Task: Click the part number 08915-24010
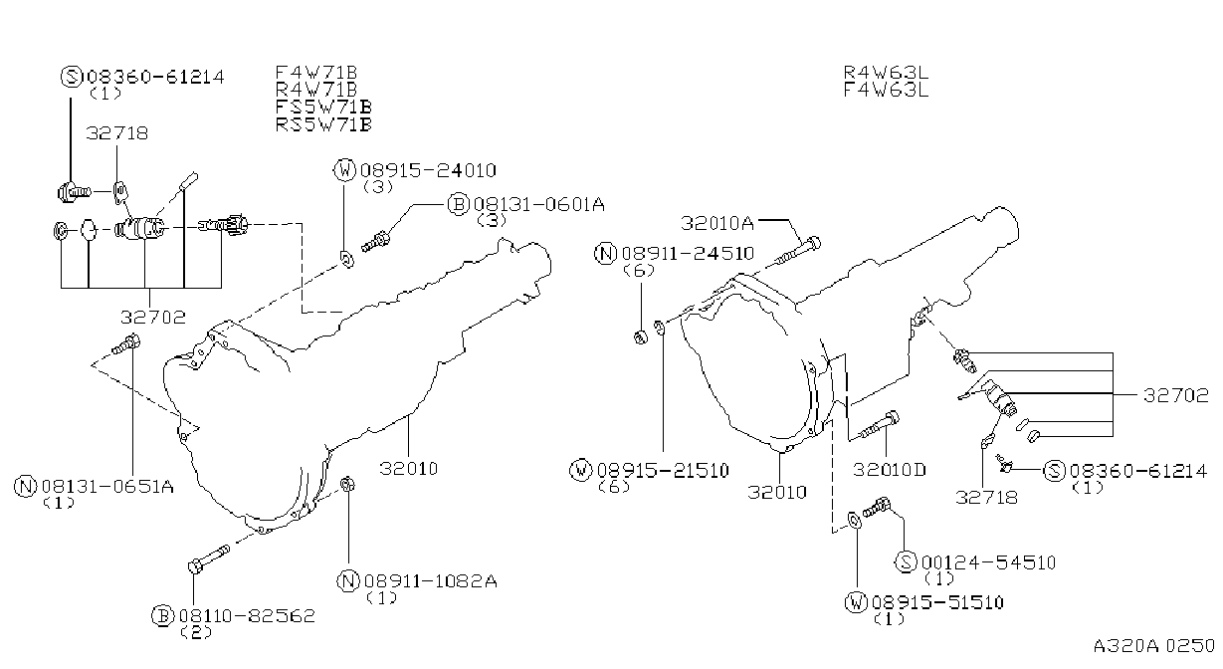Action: (x=428, y=170)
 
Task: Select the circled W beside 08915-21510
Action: (x=580, y=470)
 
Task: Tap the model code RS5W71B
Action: (x=323, y=124)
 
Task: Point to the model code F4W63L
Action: (x=886, y=90)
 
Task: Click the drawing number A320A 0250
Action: (x=1153, y=645)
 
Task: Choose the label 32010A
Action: (x=716, y=223)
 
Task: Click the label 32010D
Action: (x=890, y=470)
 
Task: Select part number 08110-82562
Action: (x=248, y=616)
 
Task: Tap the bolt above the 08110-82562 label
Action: (x=209, y=558)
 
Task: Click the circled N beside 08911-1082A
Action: (x=347, y=581)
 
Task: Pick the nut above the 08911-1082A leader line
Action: (x=347, y=484)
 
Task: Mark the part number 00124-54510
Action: (x=989, y=562)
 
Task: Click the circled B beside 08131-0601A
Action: (x=458, y=204)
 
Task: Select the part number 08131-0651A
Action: (x=107, y=486)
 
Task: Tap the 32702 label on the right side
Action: (x=1176, y=395)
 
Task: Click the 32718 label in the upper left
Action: (x=116, y=133)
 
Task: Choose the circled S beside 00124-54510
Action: (x=906, y=561)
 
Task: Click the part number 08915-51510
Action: (x=937, y=602)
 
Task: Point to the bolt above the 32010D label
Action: (x=879, y=425)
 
